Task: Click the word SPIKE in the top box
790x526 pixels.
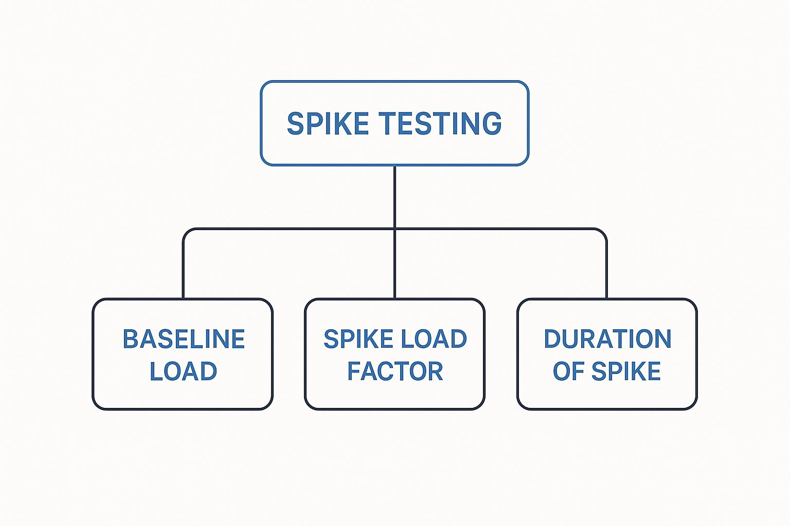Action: [x=328, y=124]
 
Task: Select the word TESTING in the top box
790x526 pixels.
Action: [x=440, y=124]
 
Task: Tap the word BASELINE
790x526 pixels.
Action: [x=184, y=339]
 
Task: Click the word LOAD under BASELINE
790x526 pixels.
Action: [x=183, y=371]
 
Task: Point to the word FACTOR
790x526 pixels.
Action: [x=394, y=371]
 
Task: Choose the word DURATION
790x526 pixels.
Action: [x=607, y=339]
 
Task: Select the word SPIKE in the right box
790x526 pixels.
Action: [x=626, y=371]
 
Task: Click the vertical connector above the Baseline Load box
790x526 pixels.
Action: [x=183, y=267]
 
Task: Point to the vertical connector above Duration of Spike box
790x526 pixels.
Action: [x=606, y=267]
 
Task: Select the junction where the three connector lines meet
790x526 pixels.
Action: [x=394, y=229]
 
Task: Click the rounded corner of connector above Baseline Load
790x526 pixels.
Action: [x=186, y=232]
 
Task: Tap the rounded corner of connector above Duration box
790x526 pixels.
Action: [x=604, y=232]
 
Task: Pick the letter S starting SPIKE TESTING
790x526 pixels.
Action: [x=295, y=124]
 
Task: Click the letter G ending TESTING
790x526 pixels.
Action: [x=492, y=124]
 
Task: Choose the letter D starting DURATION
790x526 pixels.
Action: [x=552, y=339]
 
